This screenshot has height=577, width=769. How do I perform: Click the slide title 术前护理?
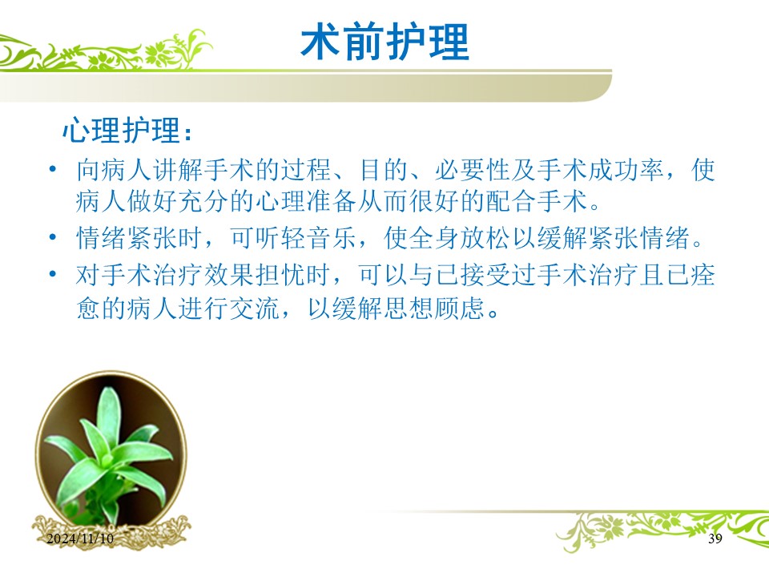(x=385, y=42)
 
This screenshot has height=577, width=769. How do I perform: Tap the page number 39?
(x=715, y=539)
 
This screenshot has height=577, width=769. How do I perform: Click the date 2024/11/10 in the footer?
(x=80, y=539)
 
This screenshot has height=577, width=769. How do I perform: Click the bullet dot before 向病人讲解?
(x=53, y=169)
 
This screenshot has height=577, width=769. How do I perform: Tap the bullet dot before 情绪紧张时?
(x=53, y=237)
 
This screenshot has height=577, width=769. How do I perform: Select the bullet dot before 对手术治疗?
(x=53, y=274)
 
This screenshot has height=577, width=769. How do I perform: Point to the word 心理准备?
(x=307, y=201)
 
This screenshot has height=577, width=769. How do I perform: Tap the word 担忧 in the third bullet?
(x=280, y=275)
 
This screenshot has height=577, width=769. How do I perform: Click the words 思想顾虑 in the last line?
(x=434, y=309)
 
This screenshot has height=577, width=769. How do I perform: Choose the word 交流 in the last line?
(x=255, y=309)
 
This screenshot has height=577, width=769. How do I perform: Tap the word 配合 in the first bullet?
(x=510, y=201)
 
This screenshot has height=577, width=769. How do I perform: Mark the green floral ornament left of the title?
(x=106, y=50)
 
